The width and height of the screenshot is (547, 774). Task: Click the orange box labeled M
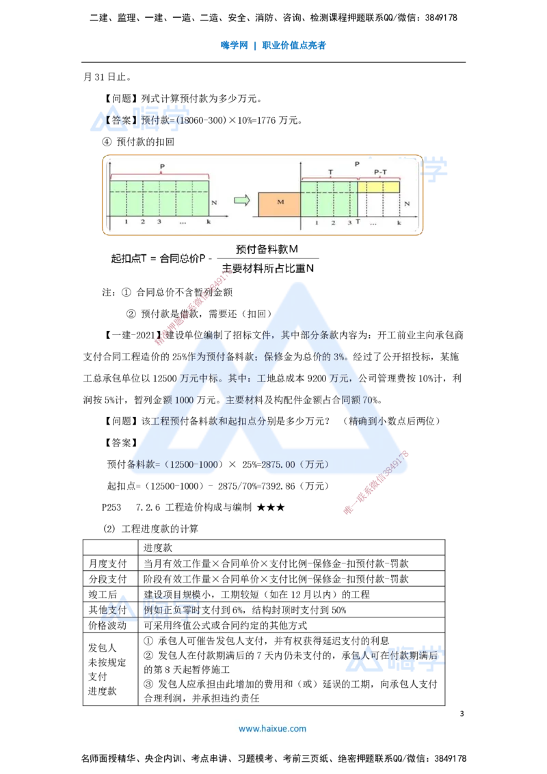click(x=280, y=204)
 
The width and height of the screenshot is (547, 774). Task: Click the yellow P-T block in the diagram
click(x=379, y=187)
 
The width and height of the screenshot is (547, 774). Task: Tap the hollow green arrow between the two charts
click(x=242, y=200)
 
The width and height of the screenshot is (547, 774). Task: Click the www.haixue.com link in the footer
click(x=273, y=729)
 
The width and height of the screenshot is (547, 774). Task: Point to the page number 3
click(x=462, y=714)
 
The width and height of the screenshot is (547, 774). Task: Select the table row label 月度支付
click(x=107, y=563)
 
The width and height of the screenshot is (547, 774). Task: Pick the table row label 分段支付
click(x=107, y=579)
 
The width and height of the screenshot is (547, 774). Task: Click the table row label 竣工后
click(x=103, y=594)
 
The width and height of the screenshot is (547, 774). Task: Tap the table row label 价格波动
click(x=107, y=626)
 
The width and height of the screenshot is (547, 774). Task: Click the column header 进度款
click(x=158, y=548)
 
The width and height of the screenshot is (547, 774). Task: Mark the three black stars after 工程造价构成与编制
click(x=271, y=507)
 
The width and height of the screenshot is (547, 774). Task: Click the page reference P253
click(x=111, y=507)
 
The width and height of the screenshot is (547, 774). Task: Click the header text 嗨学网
click(x=234, y=45)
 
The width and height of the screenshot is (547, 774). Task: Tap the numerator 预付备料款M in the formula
click(x=267, y=250)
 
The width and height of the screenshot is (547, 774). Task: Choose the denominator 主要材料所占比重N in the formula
click(x=267, y=269)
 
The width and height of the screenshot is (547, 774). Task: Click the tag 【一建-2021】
click(x=132, y=336)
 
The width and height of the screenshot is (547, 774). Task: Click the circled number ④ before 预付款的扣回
click(x=107, y=142)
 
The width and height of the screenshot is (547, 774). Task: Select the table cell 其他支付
click(x=107, y=610)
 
